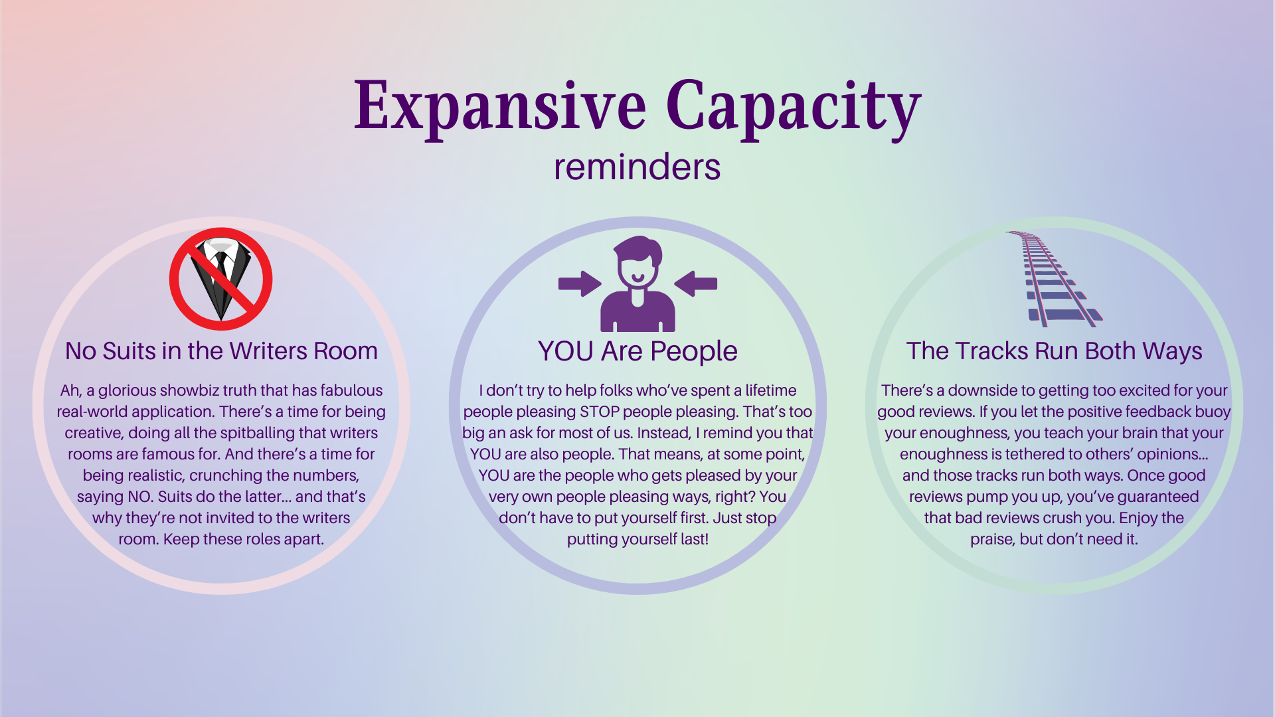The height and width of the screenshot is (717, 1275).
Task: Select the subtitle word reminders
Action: coord(637,167)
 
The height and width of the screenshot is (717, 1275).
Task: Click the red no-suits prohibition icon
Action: coord(220,279)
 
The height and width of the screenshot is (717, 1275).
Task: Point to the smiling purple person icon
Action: coord(637,284)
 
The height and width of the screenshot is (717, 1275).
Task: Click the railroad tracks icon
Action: coord(1055,279)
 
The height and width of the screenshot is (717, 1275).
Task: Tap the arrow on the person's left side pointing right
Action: coord(580,283)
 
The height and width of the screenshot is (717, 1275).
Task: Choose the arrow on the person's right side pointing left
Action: coord(696,283)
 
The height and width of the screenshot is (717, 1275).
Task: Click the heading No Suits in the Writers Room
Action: coord(221,351)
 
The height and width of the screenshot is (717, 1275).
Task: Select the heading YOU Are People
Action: coord(637,351)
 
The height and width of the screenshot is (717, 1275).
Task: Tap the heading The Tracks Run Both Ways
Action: coord(1055,351)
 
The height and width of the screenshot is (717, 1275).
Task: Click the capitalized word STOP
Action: coord(600,412)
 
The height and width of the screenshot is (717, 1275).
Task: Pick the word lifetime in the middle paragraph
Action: coord(770,390)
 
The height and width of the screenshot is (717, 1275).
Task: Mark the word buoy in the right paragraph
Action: coord(1213,412)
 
